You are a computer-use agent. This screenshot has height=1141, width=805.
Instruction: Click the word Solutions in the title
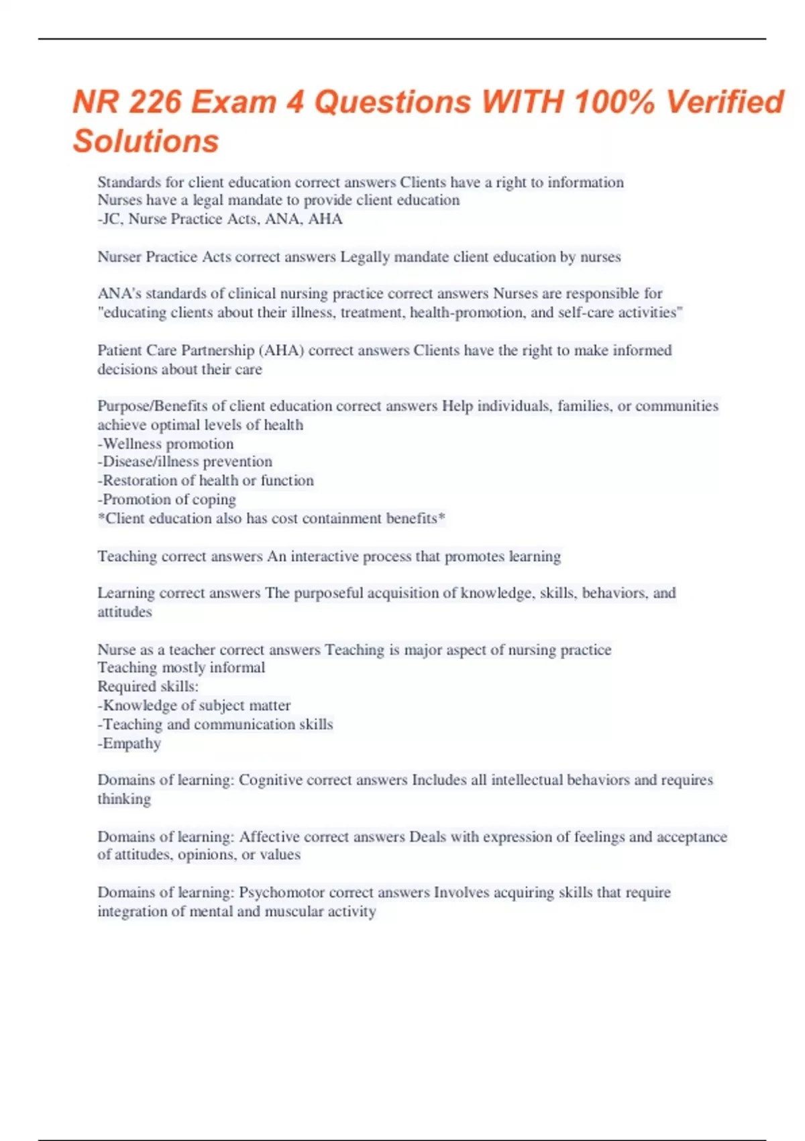tap(146, 141)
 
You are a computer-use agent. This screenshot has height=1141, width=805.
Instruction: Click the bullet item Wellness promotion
tap(167, 444)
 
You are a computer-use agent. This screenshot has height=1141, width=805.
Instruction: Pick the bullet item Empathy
tap(131, 744)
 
